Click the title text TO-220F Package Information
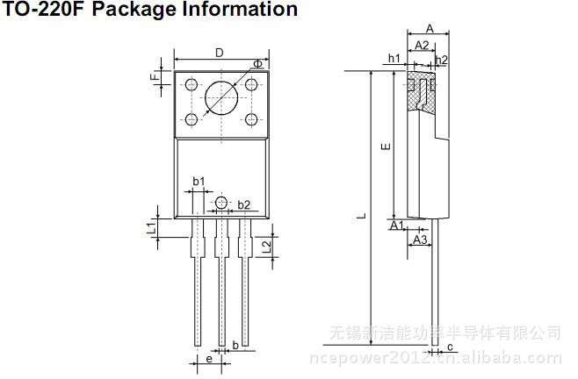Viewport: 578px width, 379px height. (151, 11)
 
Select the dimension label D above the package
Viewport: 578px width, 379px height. (219, 53)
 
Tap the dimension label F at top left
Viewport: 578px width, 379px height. (155, 77)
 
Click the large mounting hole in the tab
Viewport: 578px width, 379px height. (220, 98)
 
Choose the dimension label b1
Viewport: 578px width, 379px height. (199, 182)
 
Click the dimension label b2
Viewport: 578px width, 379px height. (244, 204)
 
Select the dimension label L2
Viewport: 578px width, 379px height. (266, 246)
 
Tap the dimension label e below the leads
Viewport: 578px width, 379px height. (208, 359)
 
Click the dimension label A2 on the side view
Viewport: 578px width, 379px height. (422, 45)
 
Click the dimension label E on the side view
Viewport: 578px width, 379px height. (384, 147)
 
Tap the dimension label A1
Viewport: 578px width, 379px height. (396, 226)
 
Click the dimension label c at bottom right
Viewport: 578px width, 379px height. (450, 348)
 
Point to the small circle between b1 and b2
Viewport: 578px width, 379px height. (220, 204)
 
